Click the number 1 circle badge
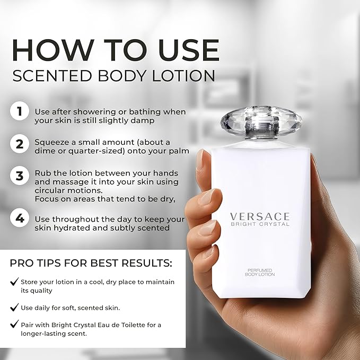tap(20, 111)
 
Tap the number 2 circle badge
tap(20, 144)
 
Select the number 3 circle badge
tap(20, 175)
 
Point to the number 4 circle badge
tap(20, 218)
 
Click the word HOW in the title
tap(53, 50)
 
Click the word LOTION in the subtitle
tap(183, 75)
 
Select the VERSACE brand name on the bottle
tap(260, 216)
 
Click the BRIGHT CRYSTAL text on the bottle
tap(260, 224)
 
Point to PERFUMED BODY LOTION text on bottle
tap(260, 273)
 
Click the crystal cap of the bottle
tap(261, 122)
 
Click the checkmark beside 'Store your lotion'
tap(14, 281)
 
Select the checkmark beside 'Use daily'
tap(14, 307)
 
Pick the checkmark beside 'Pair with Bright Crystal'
tap(14, 324)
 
